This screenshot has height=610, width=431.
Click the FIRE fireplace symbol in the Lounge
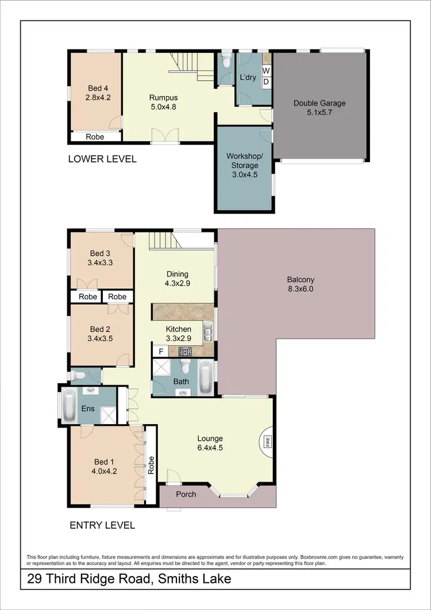tap(267, 443)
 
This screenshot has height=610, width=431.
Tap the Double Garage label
tap(320, 104)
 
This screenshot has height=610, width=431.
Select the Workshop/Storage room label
tap(242, 161)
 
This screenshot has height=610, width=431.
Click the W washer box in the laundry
tap(265, 71)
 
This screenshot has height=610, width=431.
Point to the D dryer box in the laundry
tap(265, 82)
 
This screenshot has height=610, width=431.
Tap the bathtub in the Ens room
tap(69, 405)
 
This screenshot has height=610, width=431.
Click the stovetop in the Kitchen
tap(185, 350)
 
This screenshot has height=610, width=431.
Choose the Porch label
tap(186, 494)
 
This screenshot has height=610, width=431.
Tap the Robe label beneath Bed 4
tap(95, 137)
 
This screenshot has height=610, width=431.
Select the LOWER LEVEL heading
tap(102, 159)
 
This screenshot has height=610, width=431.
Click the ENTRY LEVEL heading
tap(102, 525)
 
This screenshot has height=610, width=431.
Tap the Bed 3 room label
tap(100, 253)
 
